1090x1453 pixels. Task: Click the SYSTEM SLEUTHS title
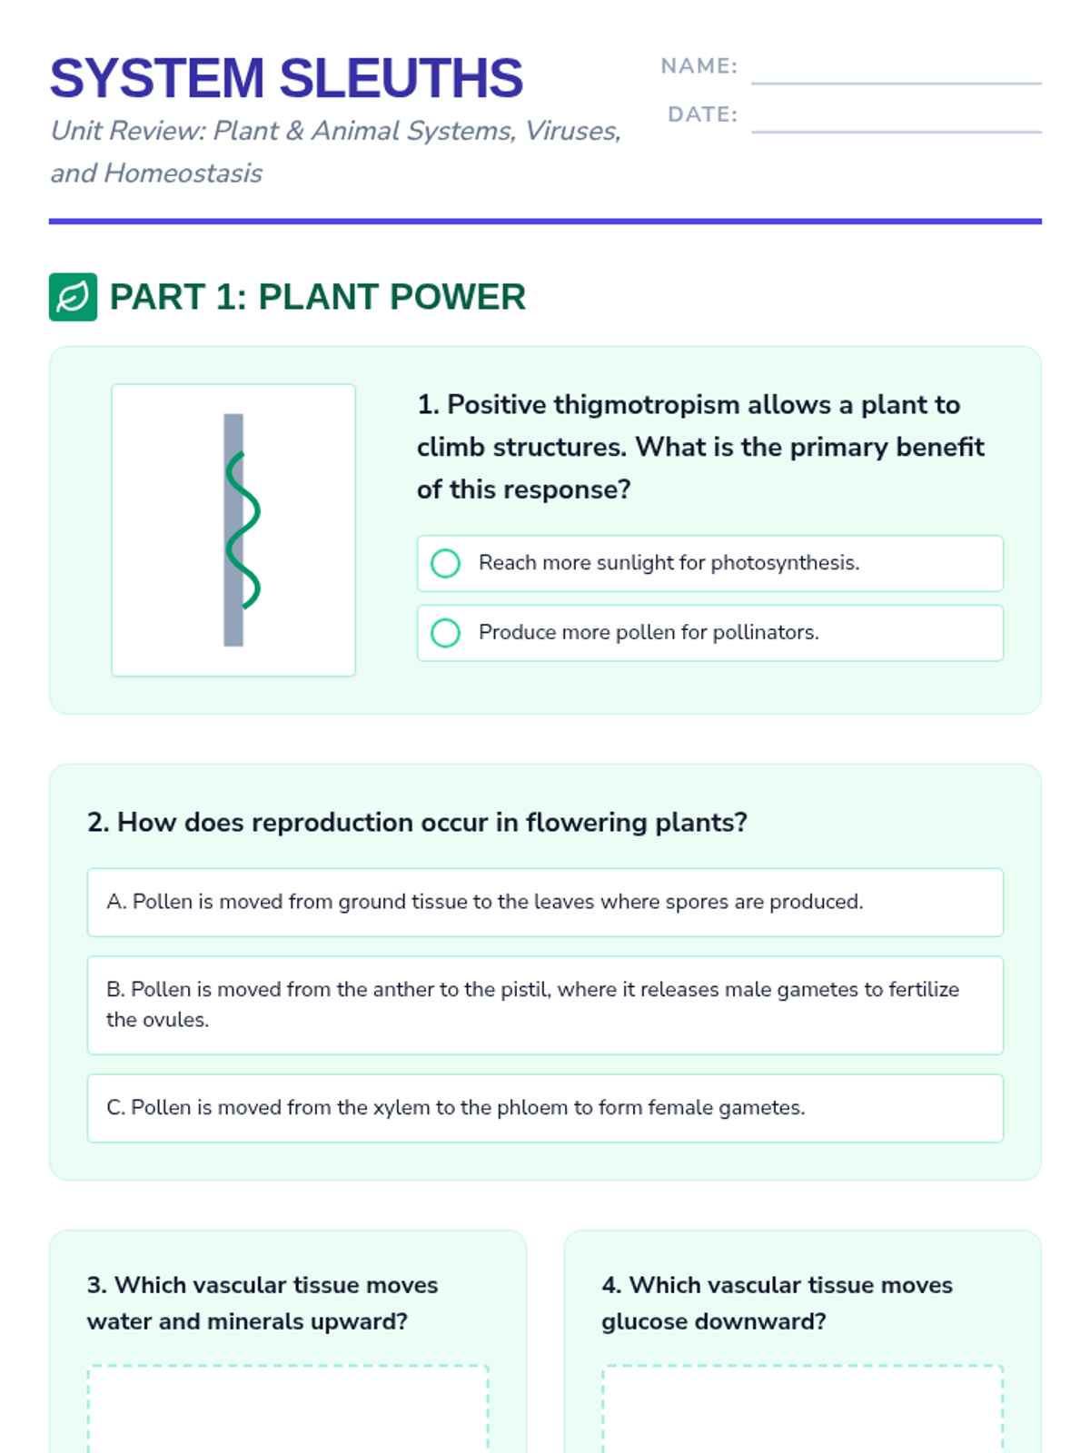click(286, 78)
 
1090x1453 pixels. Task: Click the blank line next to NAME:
click(897, 84)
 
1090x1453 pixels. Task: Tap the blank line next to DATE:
click(897, 132)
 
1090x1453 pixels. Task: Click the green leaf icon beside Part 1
click(73, 297)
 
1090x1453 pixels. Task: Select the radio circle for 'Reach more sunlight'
click(445, 563)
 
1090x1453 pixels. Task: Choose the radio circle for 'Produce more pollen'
click(445, 633)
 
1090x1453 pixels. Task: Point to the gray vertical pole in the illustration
click(233, 529)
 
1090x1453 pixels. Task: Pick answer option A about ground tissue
click(545, 903)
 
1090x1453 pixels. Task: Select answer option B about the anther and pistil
click(545, 1005)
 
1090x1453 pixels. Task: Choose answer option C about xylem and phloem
click(545, 1108)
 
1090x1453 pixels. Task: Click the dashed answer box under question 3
click(288, 1408)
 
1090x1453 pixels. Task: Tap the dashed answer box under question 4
click(803, 1408)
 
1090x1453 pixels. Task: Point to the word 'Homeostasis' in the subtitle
click(183, 173)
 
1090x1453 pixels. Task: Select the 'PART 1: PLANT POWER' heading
click(318, 297)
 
